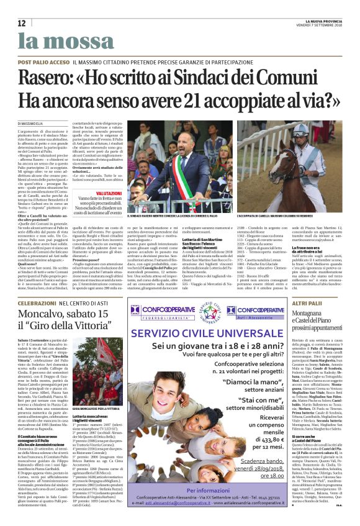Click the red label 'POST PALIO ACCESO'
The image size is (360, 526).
(43, 63)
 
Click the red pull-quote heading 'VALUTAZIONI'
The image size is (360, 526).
(109, 194)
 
